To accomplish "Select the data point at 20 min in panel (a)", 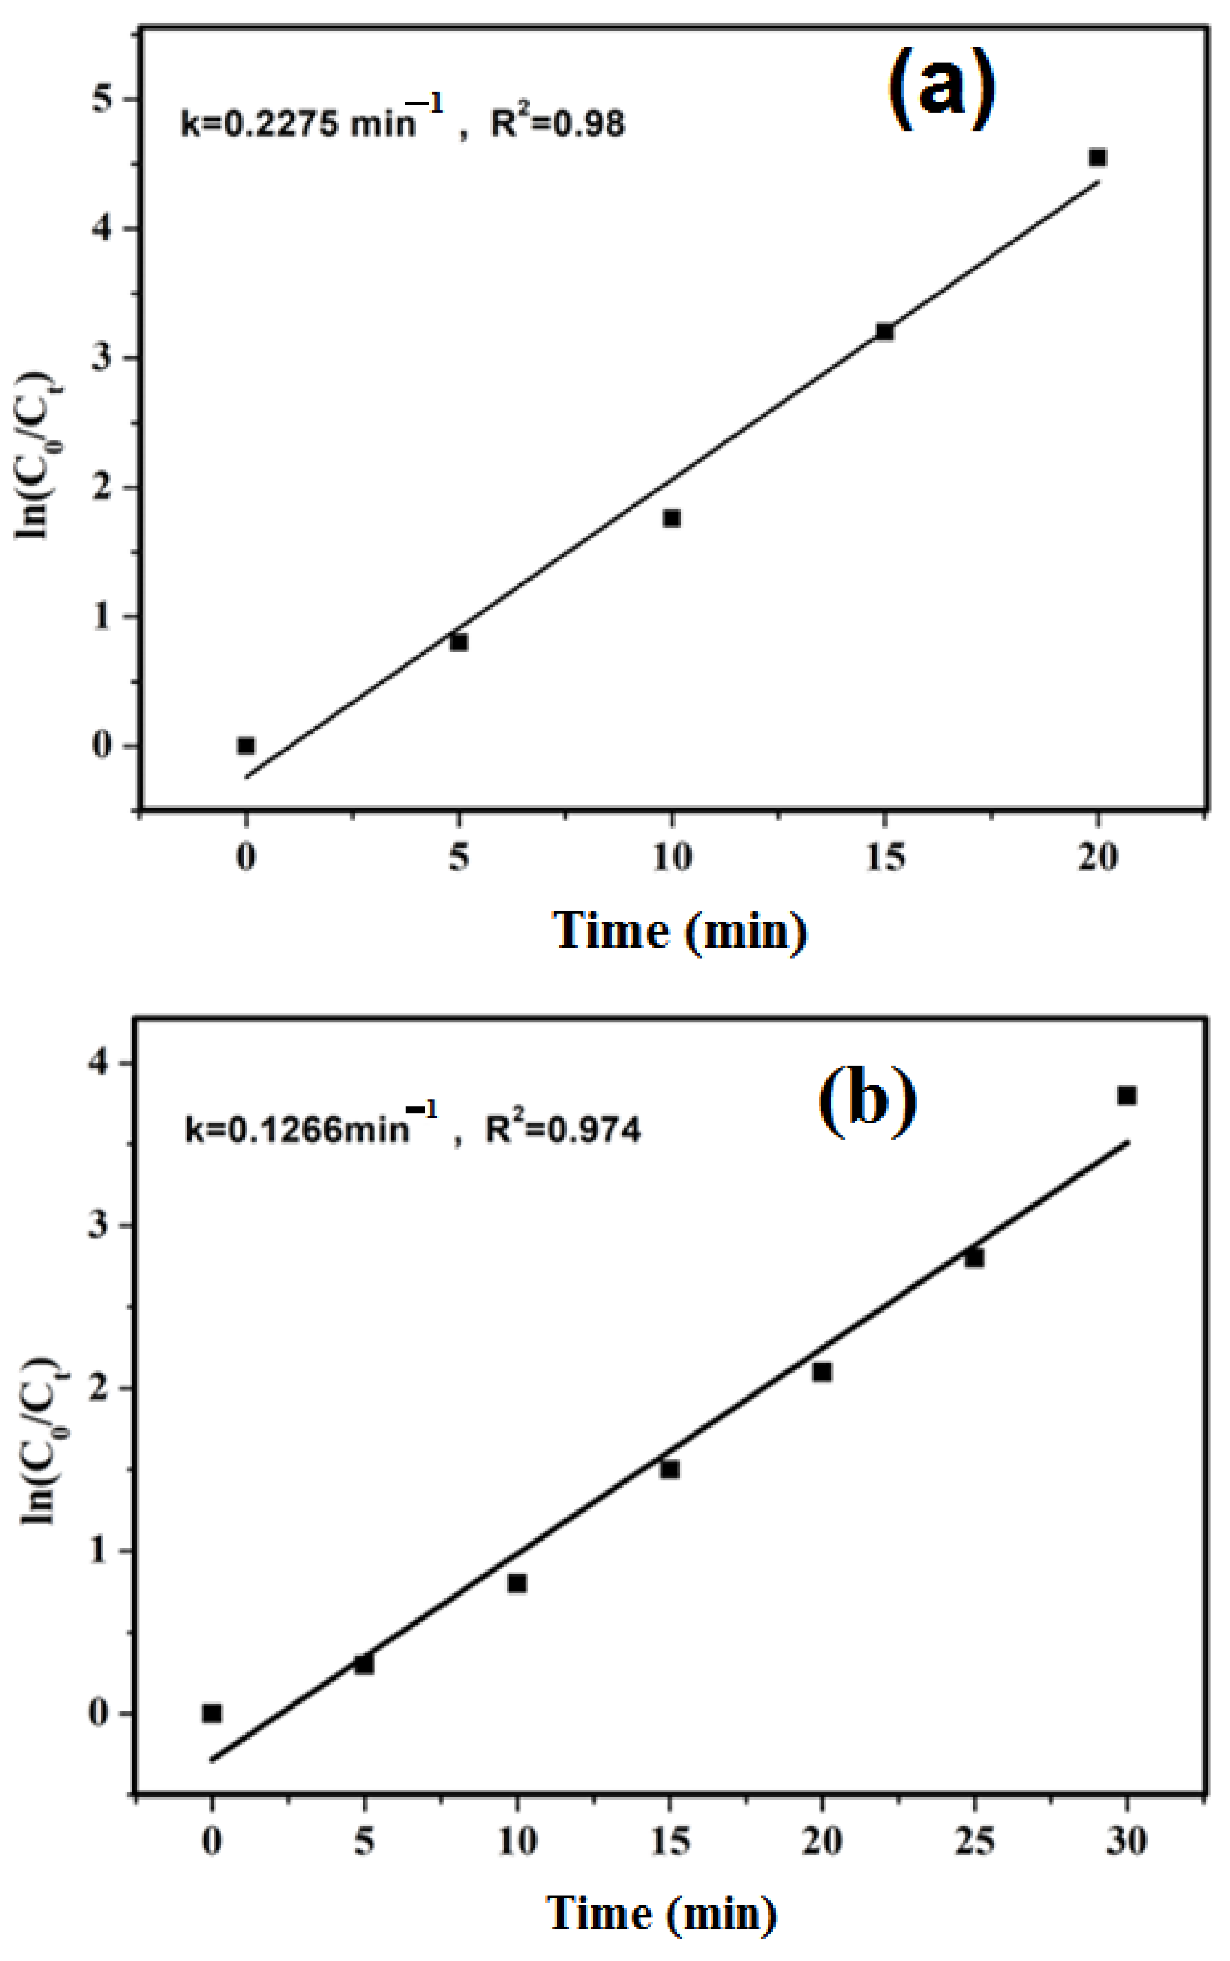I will click(x=1098, y=157).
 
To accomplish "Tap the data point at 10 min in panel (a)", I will click(x=671, y=518).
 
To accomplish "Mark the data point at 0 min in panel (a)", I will click(x=246, y=745).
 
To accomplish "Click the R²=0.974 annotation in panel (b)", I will click(x=563, y=1130).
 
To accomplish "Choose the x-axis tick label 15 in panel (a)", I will click(x=884, y=857).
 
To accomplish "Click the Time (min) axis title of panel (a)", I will click(x=680, y=930).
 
